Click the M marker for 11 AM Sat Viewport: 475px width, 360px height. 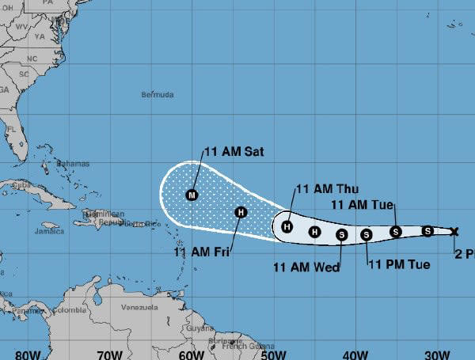192,195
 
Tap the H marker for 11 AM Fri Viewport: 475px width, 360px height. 241,211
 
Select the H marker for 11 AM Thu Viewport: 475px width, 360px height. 287,227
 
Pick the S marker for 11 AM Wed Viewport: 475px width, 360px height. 341,233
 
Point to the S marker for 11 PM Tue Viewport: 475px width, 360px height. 367,234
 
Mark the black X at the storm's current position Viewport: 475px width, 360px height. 454,231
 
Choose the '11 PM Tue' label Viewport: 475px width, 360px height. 399,264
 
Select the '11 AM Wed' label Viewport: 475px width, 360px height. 306,267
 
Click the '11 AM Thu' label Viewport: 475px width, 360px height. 327,188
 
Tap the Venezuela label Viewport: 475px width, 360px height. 140,307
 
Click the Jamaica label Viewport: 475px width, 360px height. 48,232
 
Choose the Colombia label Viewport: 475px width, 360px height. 69,310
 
